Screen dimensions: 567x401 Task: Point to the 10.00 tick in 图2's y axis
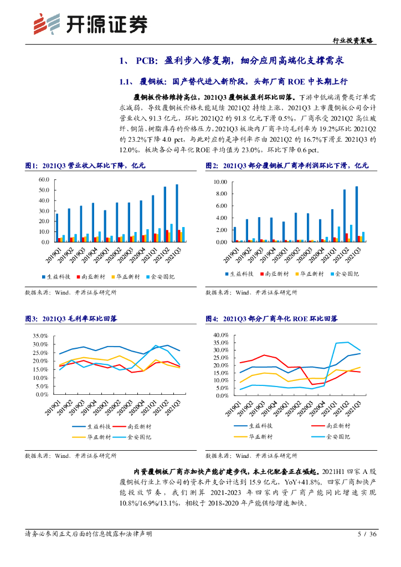tap(220, 182)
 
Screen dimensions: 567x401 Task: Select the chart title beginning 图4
tap(271, 319)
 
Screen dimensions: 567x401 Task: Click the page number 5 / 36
tap(367, 534)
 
